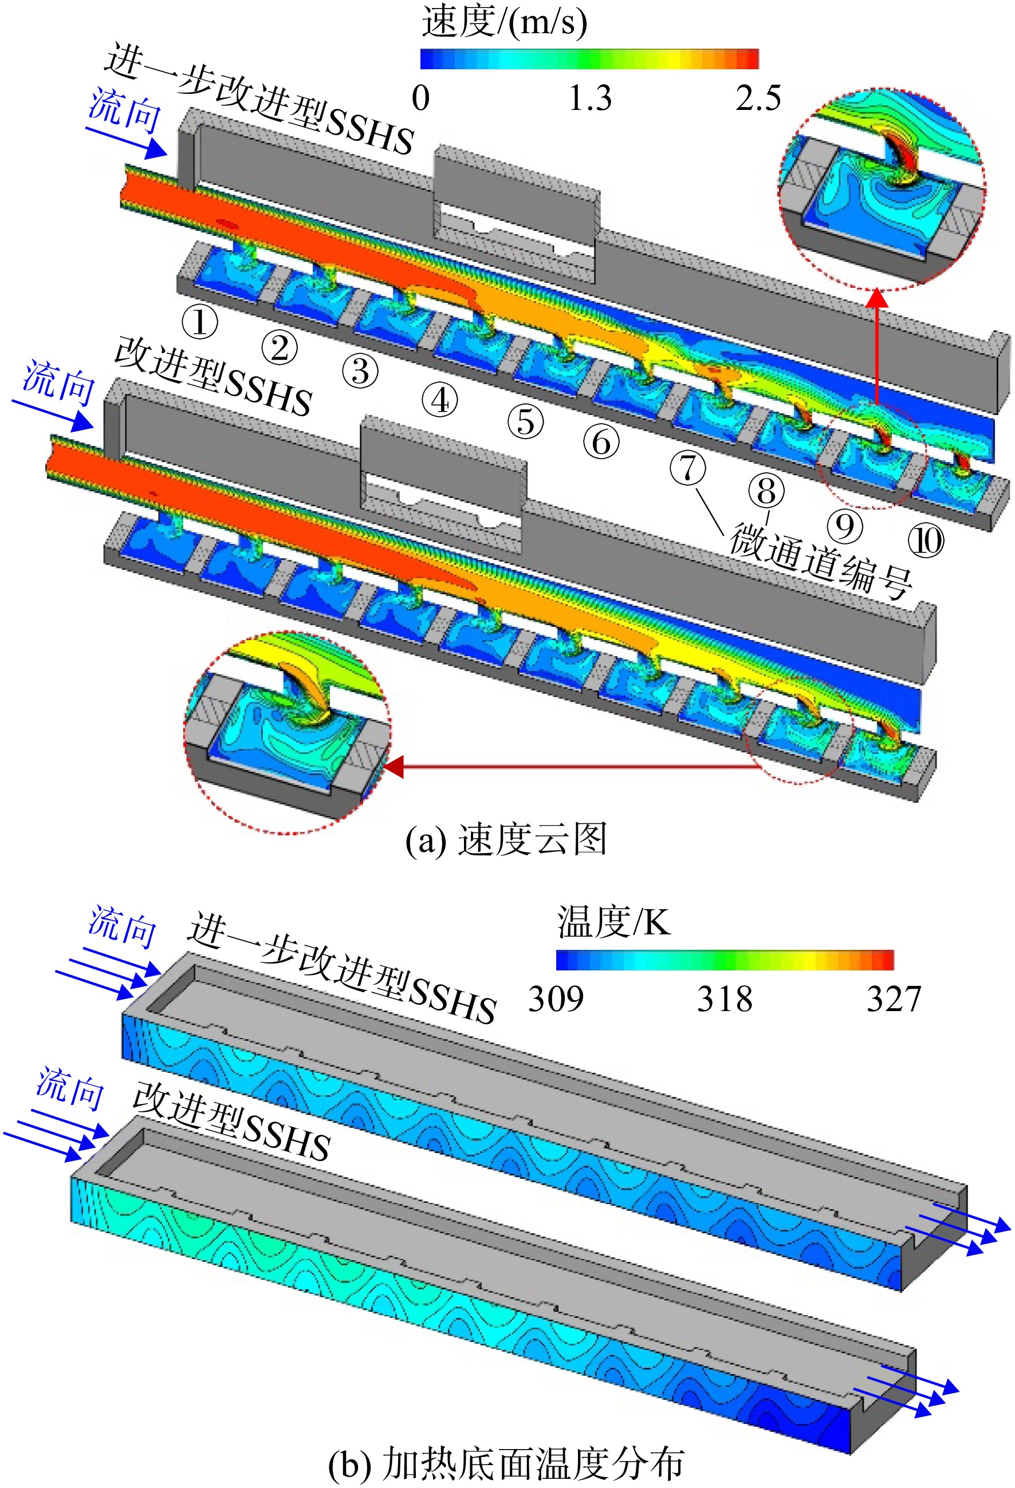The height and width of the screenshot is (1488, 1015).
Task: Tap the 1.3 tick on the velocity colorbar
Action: [x=590, y=98]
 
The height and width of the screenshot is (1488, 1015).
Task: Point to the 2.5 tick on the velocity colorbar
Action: [x=758, y=98]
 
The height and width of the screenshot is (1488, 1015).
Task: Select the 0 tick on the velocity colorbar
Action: [x=421, y=98]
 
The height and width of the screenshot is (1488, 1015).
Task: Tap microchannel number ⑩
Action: [x=926, y=541]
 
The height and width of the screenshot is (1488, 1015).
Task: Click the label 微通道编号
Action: [x=821, y=561]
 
